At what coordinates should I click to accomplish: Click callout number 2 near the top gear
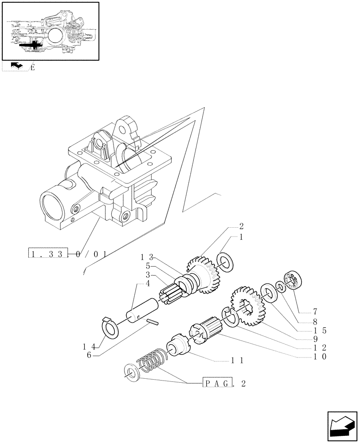[241, 226]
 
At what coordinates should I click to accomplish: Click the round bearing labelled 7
[293, 282]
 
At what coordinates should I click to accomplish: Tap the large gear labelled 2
[203, 275]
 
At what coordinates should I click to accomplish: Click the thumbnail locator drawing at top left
[50, 31]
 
